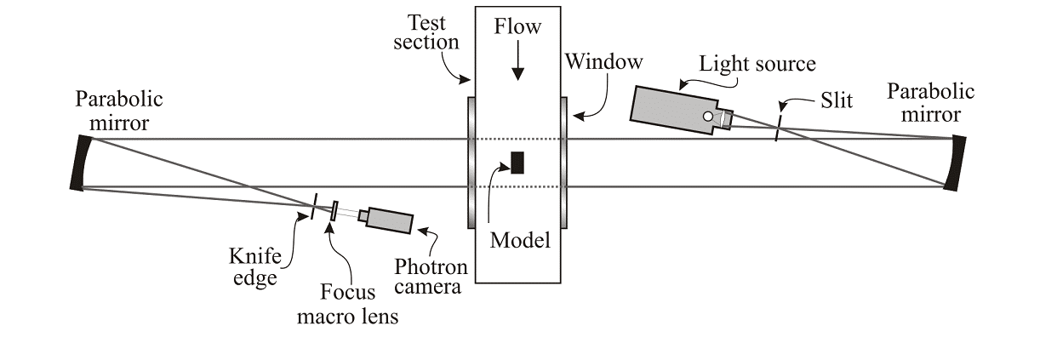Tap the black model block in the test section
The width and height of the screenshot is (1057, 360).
(517, 162)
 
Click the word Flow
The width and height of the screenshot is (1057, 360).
(517, 26)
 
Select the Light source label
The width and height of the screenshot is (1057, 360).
(757, 64)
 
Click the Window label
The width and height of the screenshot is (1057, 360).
(604, 62)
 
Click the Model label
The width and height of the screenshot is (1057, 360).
(520, 240)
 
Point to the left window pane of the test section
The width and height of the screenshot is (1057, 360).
(471, 162)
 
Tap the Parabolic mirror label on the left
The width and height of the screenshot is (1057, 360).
(119, 111)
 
